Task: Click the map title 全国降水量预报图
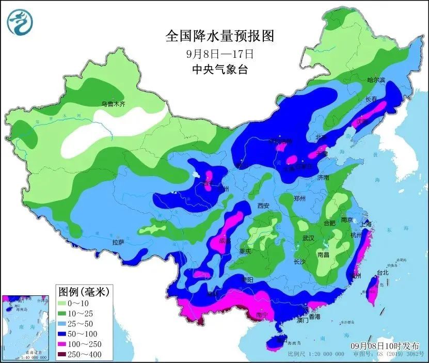(x=219, y=36)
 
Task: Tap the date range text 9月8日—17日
(x=219, y=53)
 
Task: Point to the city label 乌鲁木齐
(x=113, y=104)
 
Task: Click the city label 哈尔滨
(x=376, y=80)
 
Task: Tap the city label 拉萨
(x=118, y=242)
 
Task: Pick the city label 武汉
(x=309, y=238)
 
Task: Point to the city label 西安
(x=263, y=206)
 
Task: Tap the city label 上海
(x=366, y=224)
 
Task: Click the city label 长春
(x=372, y=99)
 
